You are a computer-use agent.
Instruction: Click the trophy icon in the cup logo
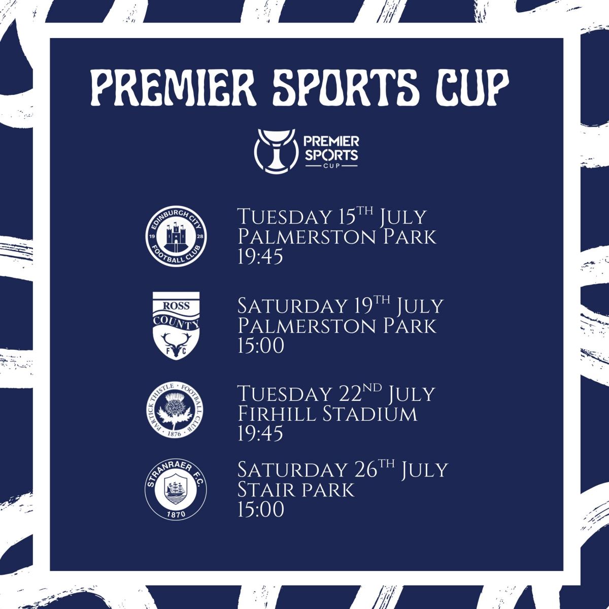[276, 151]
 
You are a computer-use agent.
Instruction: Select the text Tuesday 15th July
[331, 217]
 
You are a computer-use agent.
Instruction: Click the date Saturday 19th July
[341, 306]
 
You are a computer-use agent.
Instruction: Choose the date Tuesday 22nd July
[336, 394]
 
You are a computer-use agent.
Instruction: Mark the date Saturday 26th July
[343, 469]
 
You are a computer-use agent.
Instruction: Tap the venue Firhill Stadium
[327, 414]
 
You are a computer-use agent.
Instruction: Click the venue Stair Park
[296, 490]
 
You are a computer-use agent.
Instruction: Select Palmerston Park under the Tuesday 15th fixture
[336, 236]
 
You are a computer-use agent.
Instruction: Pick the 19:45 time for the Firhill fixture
[260, 433]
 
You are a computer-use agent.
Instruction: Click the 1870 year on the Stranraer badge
[176, 514]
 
